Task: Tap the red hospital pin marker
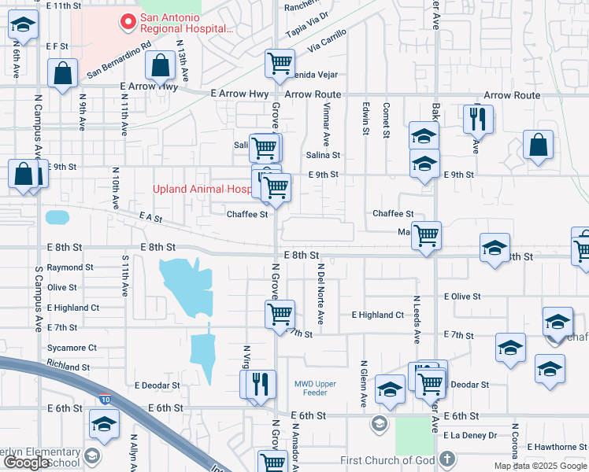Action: (x=124, y=22)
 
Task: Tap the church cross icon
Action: (x=446, y=459)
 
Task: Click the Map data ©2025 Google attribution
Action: (x=540, y=466)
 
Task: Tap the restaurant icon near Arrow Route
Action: (x=477, y=119)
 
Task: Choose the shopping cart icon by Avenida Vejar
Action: (x=280, y=64)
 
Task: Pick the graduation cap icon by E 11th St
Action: (x=23, y=25)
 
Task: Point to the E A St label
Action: (x=150, y=216)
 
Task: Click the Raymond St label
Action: (x=70, y=267)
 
